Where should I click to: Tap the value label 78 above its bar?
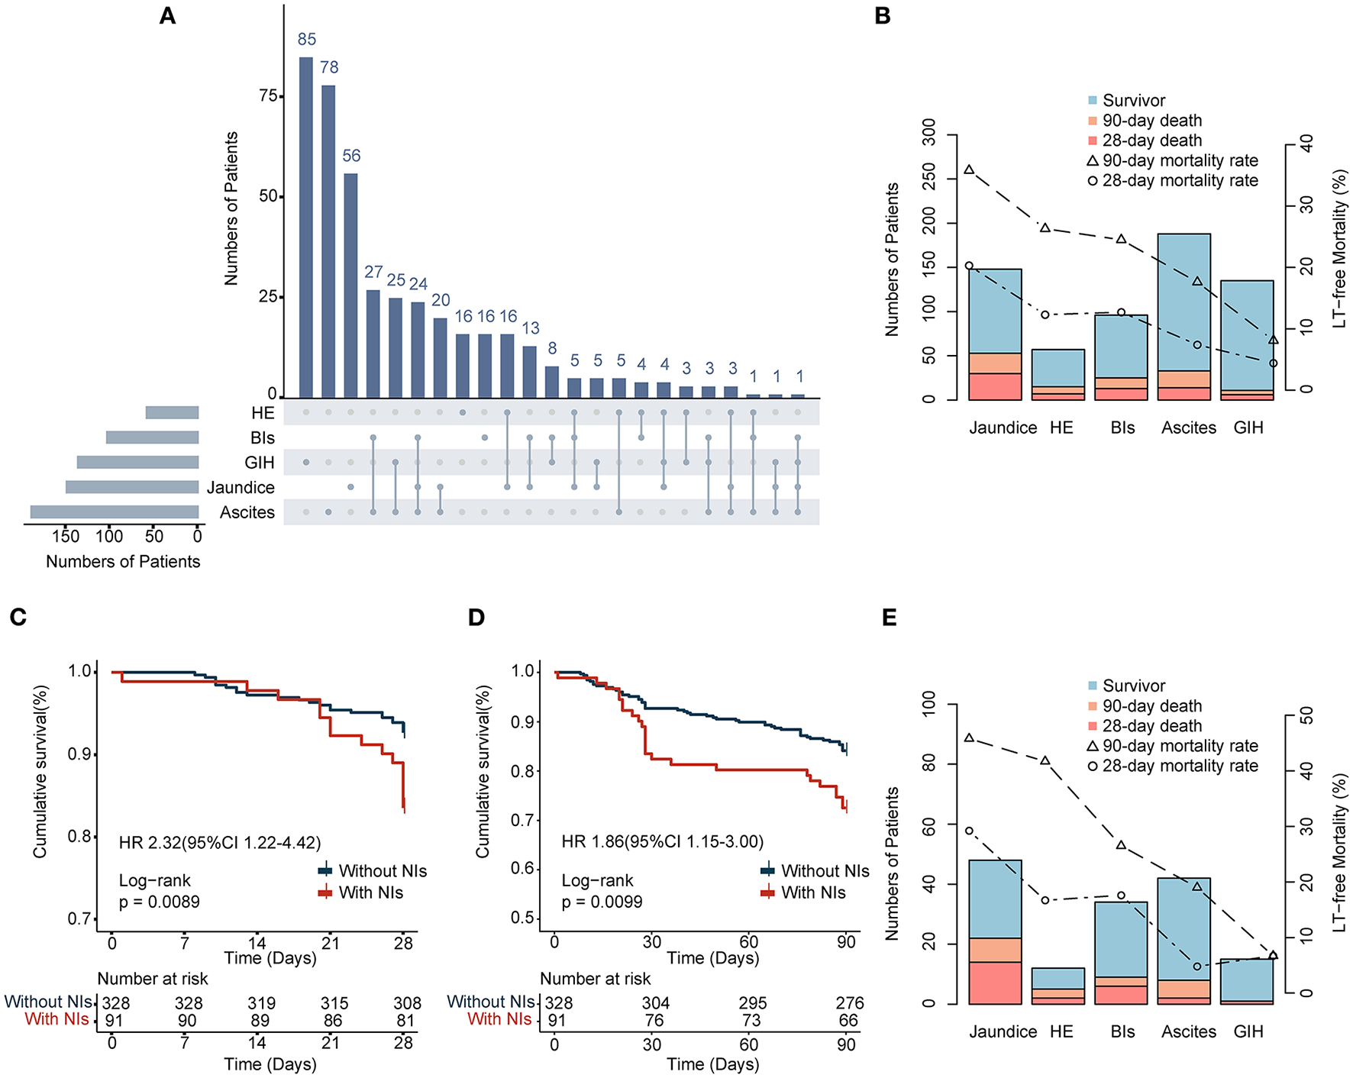[329, 67]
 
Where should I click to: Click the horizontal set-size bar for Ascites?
[115, 512]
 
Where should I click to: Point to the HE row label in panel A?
[263, 413]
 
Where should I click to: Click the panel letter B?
[883, 16]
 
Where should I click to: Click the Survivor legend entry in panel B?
[1133, 101]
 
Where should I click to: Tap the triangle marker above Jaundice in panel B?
[969, 169]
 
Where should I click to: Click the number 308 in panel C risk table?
[407, 1002]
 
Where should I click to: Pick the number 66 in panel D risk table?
[848, 1020]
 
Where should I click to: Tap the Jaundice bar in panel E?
[996, 931]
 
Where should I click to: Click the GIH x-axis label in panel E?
[1248, 1031]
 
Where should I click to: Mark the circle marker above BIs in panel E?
[1122, 896]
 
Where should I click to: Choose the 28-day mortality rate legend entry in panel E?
[1180, 766]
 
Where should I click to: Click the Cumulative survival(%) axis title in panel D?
[483, 771]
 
